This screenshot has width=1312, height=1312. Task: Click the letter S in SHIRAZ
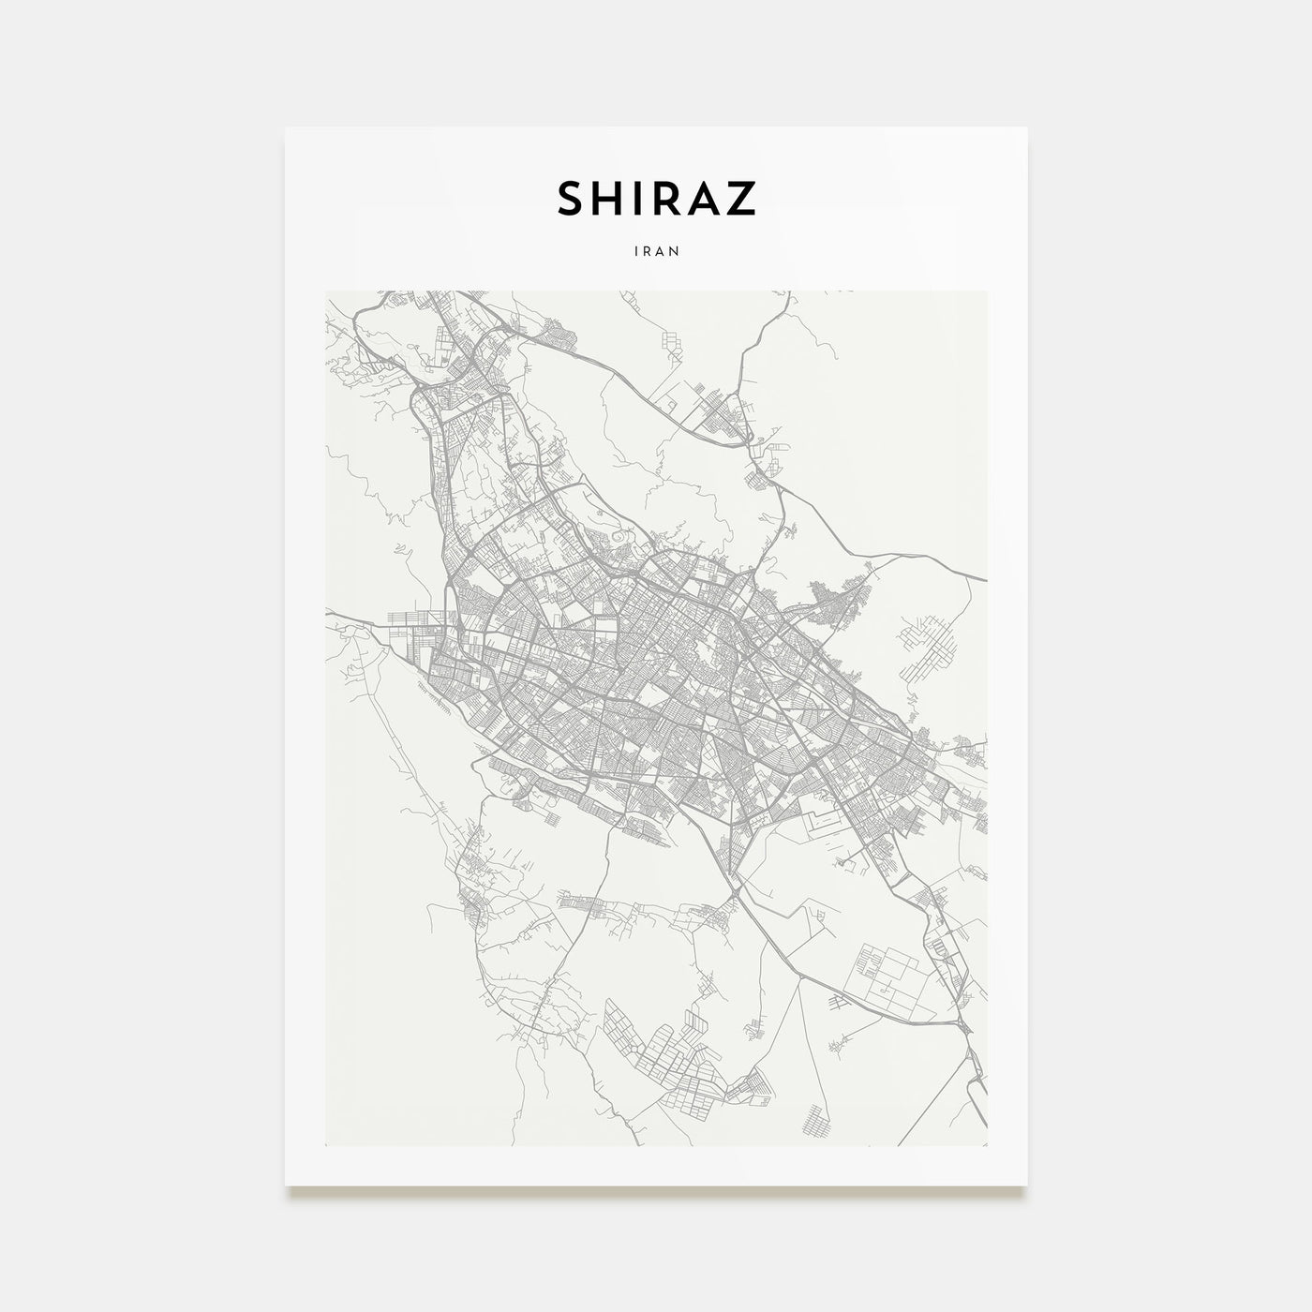coord(573,198)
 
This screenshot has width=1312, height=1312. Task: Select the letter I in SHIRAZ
coord(640,198)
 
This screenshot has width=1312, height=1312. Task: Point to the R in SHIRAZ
coord(667,198)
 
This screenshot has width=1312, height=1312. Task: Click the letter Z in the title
coord(741,198)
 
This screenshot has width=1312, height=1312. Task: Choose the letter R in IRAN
coord(647,251)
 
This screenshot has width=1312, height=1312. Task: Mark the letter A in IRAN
coord(661,251)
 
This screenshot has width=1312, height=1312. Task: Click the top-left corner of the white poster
coord(285,127)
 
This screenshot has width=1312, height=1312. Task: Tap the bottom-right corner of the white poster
coord(1028,1186)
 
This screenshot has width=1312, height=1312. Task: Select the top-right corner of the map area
coord(987,291)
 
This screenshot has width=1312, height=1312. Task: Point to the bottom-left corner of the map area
coord(325,1146)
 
